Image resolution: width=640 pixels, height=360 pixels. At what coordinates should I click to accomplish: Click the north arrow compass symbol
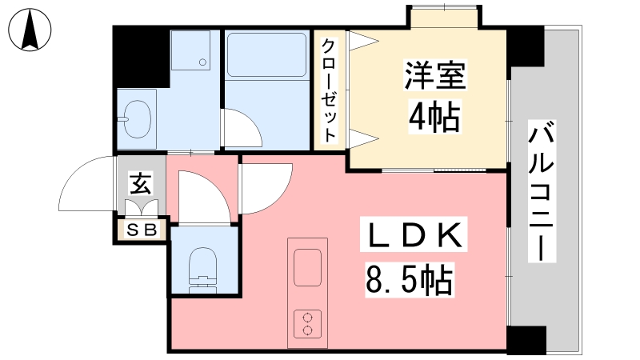(30, 30)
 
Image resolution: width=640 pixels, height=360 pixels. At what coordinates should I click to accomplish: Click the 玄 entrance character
(140, 184)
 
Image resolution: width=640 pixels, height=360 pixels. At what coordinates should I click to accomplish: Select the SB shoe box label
(142, 231)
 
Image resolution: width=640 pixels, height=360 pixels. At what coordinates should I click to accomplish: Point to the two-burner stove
(307, 323)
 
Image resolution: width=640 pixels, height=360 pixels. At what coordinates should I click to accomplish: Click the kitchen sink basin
(307, 266)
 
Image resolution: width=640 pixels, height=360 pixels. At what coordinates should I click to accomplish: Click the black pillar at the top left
(141, 56)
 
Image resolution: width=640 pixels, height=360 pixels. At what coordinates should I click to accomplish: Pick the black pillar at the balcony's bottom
(526, 339)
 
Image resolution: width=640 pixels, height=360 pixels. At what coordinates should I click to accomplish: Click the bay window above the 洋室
(446, 16)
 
